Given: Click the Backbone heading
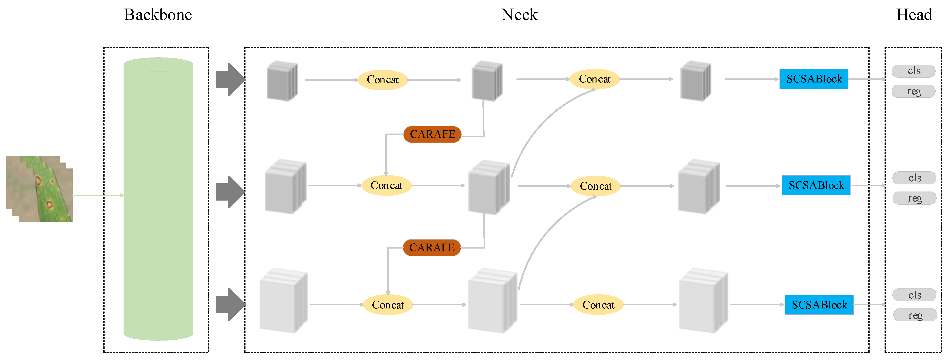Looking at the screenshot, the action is [x=158, y=15].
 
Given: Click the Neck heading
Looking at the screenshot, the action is [x=519, y=15].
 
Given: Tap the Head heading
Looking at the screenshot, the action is [x=914, y=15].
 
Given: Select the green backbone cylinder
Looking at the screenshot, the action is [x=158, y=199].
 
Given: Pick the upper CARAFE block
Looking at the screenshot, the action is [x=433, y=134].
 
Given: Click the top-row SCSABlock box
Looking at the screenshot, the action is [x=814, y=79].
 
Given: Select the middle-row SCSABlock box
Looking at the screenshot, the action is [x=816, y=185].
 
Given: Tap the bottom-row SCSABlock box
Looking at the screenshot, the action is [x=819, y=305].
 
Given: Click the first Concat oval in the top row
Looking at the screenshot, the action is [x=383, y=80].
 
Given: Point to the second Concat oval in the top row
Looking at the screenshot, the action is [x=595, y=79].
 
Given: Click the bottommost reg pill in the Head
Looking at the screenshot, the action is [x=915, y=315].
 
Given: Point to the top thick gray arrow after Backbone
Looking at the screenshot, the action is [x=230, y=80].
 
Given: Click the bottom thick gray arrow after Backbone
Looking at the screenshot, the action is [x=230, y=304].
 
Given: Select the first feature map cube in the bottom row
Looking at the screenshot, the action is [x=283, y=301].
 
